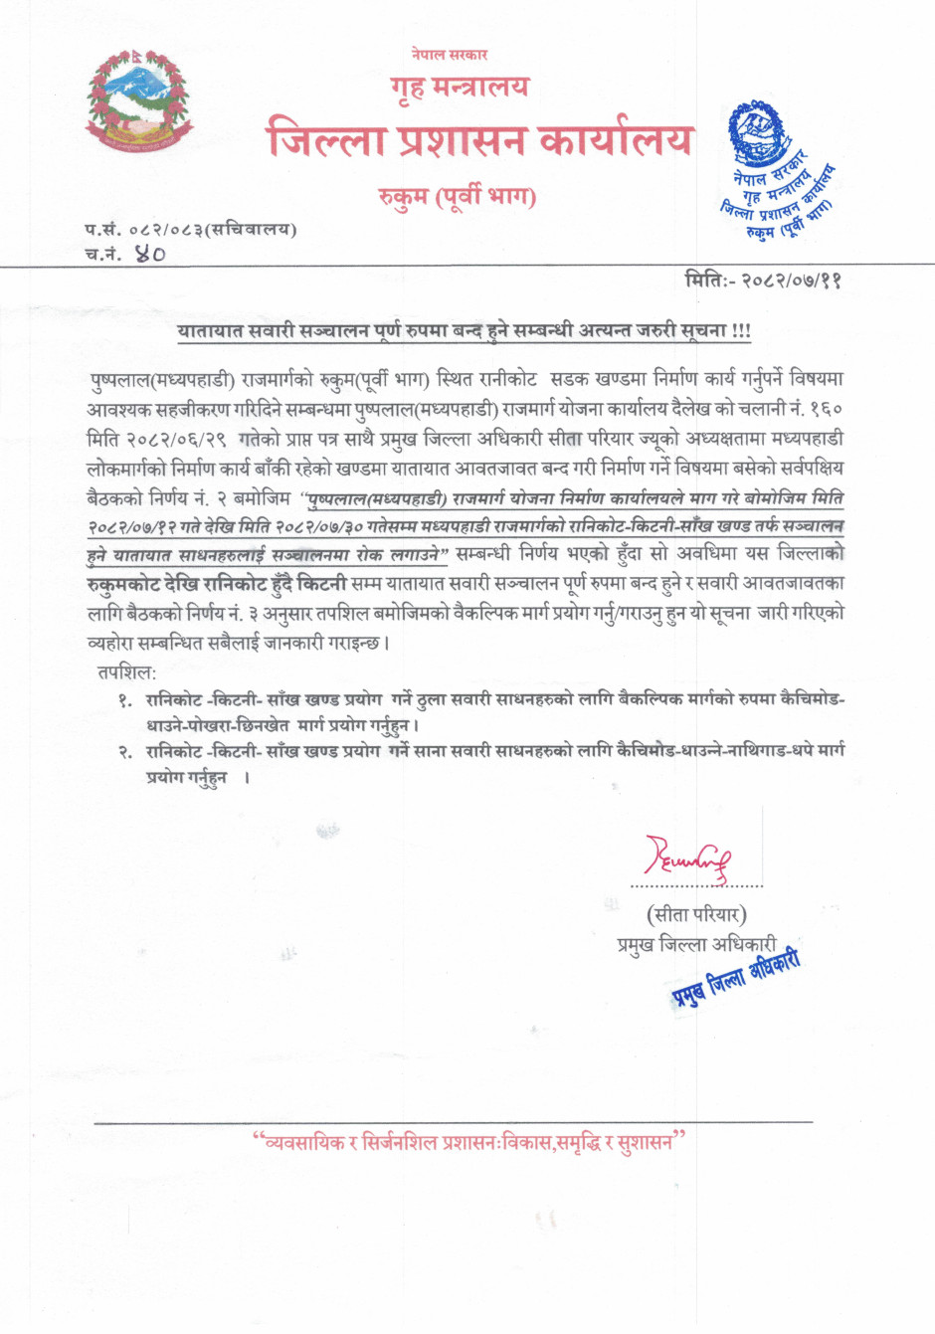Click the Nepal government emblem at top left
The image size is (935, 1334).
pyautogui.click(x=139, y=101)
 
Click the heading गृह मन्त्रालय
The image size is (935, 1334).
pyautogui.click(x=460, y=88)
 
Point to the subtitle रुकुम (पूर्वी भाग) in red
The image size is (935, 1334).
pyautogui.click(x=457, y=196)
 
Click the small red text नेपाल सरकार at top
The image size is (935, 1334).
pyautogui.click(x=449, y=54)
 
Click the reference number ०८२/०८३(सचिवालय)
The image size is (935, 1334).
pyautogui.click(x=213, y=230)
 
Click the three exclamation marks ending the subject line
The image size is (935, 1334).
pyautogui.click(x=741, y=330)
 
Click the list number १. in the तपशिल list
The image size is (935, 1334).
pyautogui.click(x=124, y=701)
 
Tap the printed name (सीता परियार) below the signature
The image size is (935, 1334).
pyautogui.click(x=696, y=913)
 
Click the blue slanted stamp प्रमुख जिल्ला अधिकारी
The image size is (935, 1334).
pyautogui.click(x=734, y=973)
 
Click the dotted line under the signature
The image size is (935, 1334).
pyautogui.click(x=696, y=884)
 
